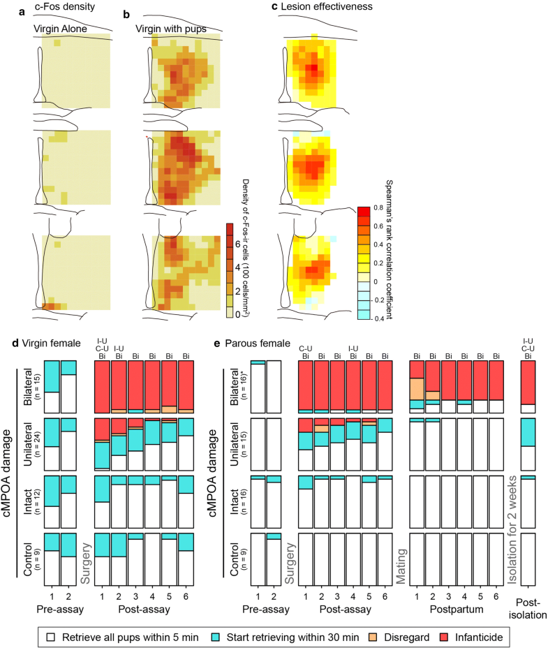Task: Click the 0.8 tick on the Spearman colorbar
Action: tap(377, 207)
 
